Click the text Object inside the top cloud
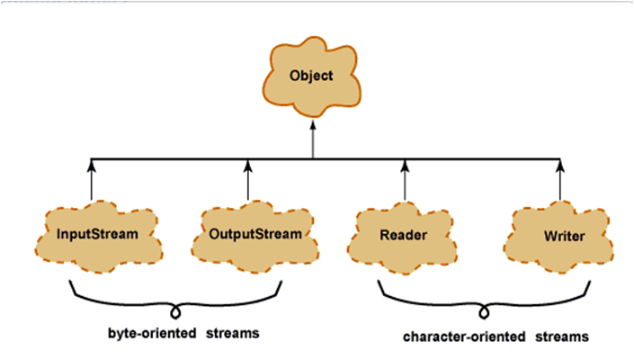[x=311, y=76]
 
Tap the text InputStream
[x=96, y=236]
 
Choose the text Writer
[x=565, y=236]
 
